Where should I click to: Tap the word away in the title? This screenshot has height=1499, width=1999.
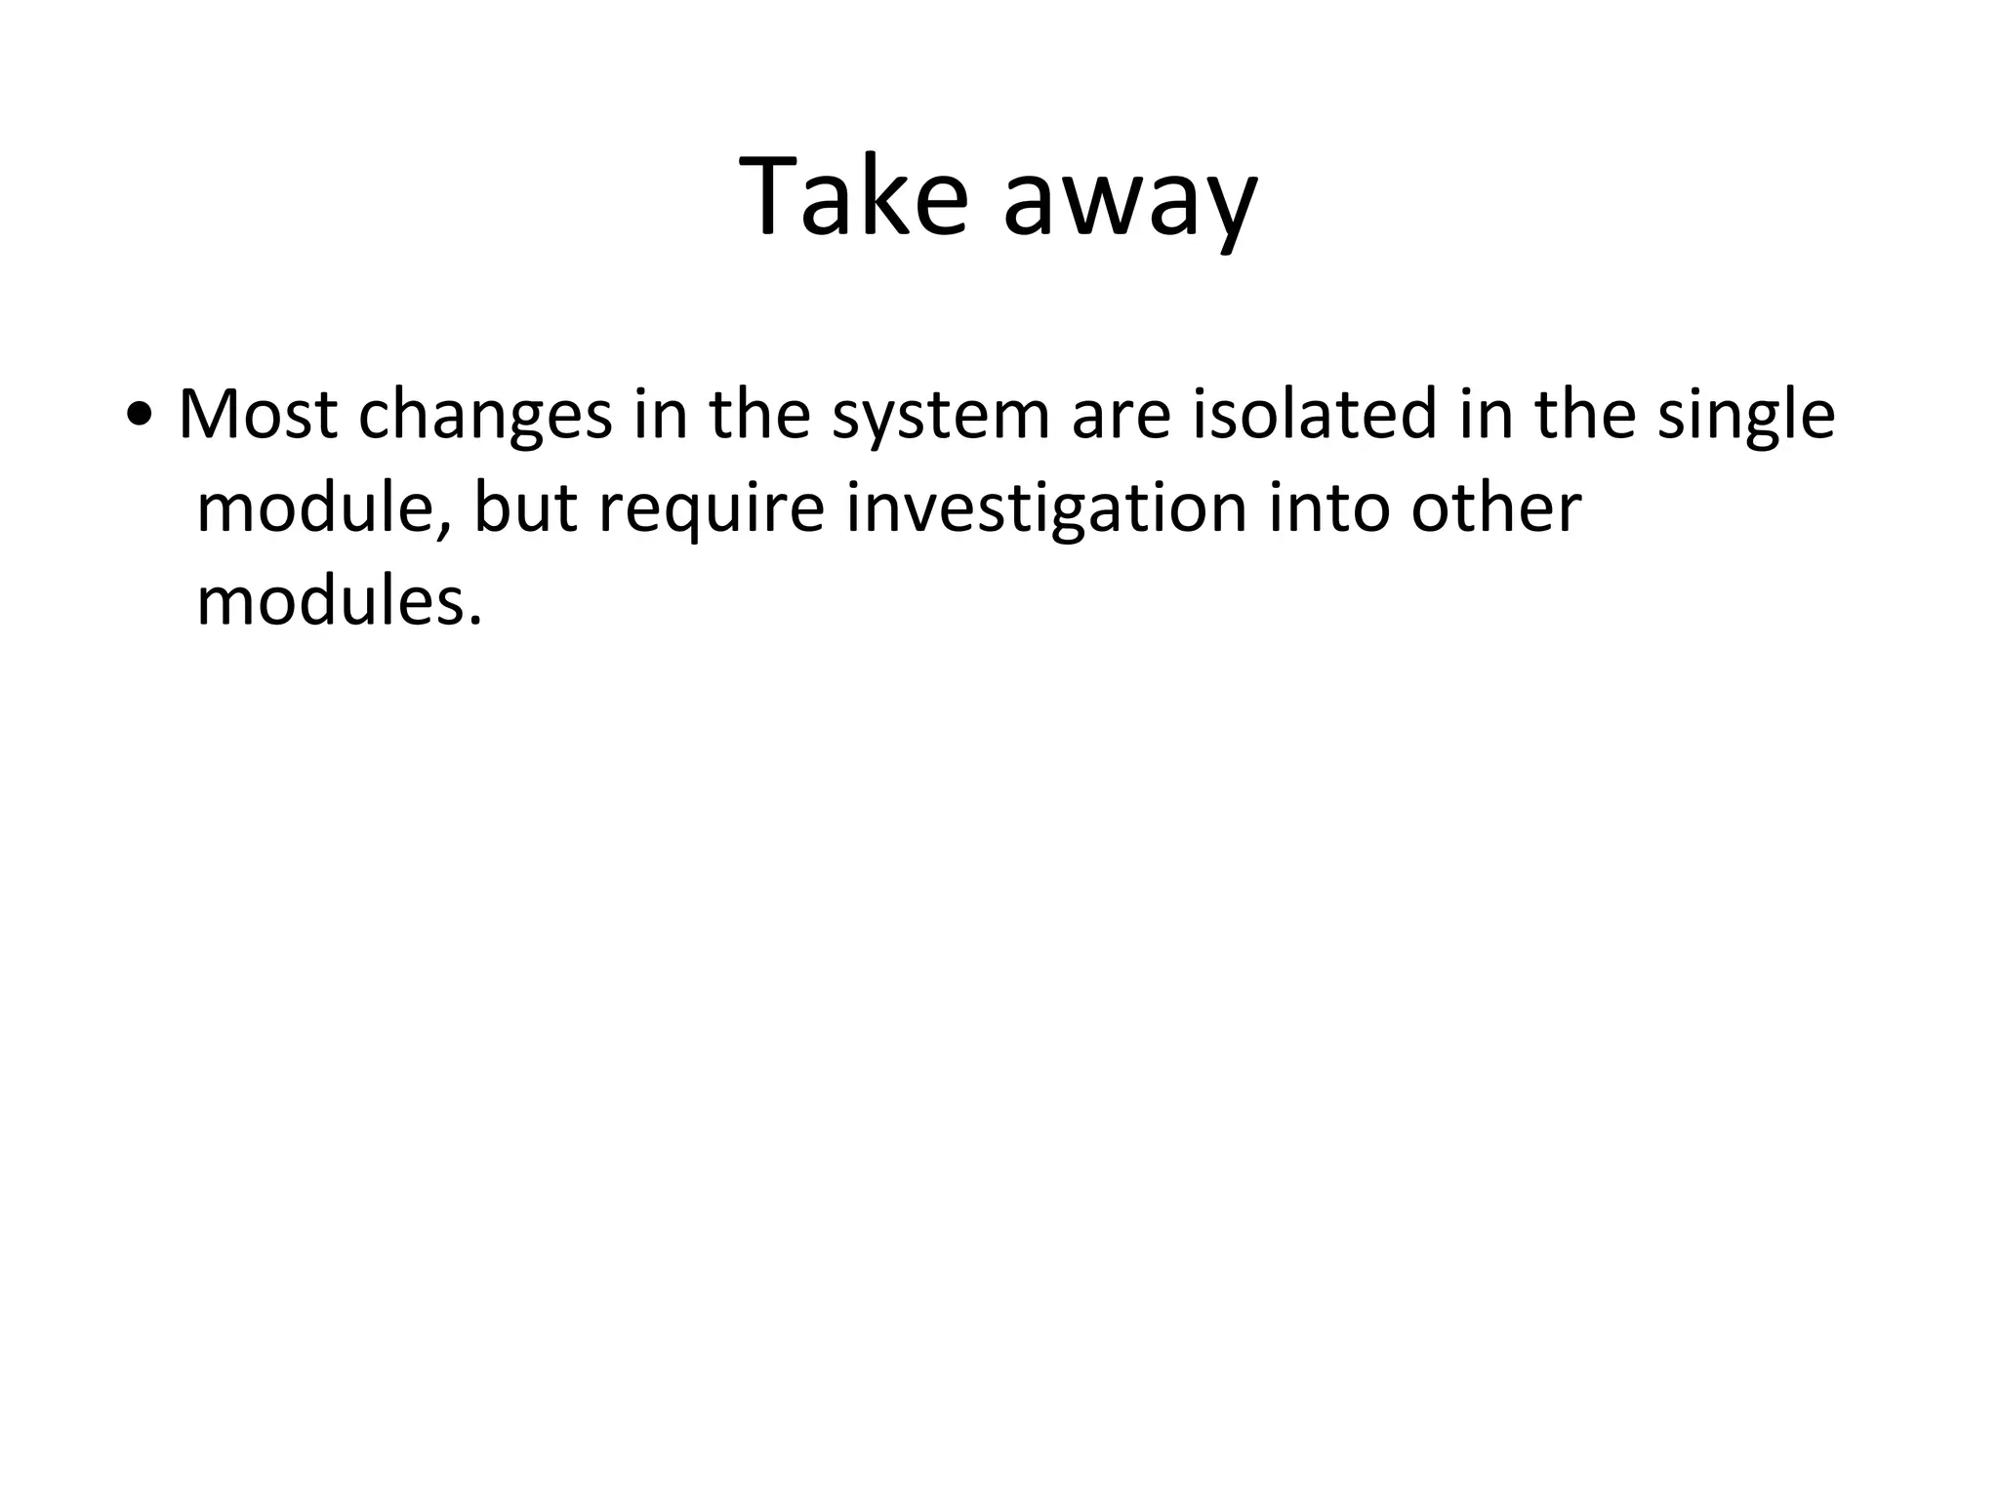tap(1130, 205)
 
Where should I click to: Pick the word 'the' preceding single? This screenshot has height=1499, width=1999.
tap(1585, 415)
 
